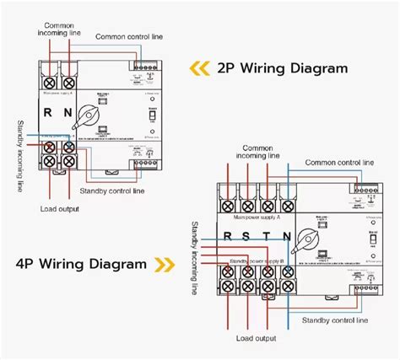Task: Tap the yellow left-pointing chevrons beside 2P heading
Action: tap(198, 67)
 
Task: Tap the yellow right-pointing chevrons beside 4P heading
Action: tap(161, 265)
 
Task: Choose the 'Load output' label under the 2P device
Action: tap(59, 207)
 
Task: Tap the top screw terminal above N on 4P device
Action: tap(288, 205)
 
